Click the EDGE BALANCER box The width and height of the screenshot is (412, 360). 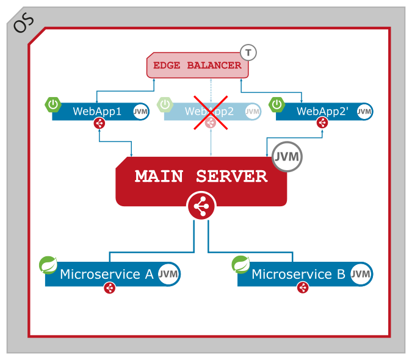(x=197, y=65)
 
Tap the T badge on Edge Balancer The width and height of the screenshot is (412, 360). (x=248, y=52)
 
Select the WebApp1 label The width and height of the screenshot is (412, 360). (x=97, y=111)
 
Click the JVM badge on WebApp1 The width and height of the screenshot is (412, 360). (x=140, y=112)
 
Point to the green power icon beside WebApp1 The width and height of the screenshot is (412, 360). (x=53, y=104)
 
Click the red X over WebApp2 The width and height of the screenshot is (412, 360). (x=211, y=112)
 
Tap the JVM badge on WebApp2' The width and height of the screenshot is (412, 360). (x=364, y=112)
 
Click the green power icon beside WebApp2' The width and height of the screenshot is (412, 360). (x=277, y=104)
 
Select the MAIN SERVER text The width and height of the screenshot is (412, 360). (x=201, y=176)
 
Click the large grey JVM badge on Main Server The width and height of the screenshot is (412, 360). (x=287, y=156)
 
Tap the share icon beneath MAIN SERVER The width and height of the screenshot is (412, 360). (x=201, y=207)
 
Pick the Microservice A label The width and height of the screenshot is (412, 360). (x=106, y=274)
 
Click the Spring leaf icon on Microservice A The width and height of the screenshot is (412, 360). (x=48, y=265)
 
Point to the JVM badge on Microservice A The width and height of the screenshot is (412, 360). (x=168, y=275)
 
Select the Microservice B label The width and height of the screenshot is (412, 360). (x=298, y=274)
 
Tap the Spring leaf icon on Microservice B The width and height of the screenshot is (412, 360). (x=241, y=265)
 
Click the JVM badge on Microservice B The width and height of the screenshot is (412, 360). (x=361, y=275)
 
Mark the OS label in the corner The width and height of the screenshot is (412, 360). (x=23, y=23)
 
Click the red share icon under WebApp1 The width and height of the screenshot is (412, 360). (x=99, y=123)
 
